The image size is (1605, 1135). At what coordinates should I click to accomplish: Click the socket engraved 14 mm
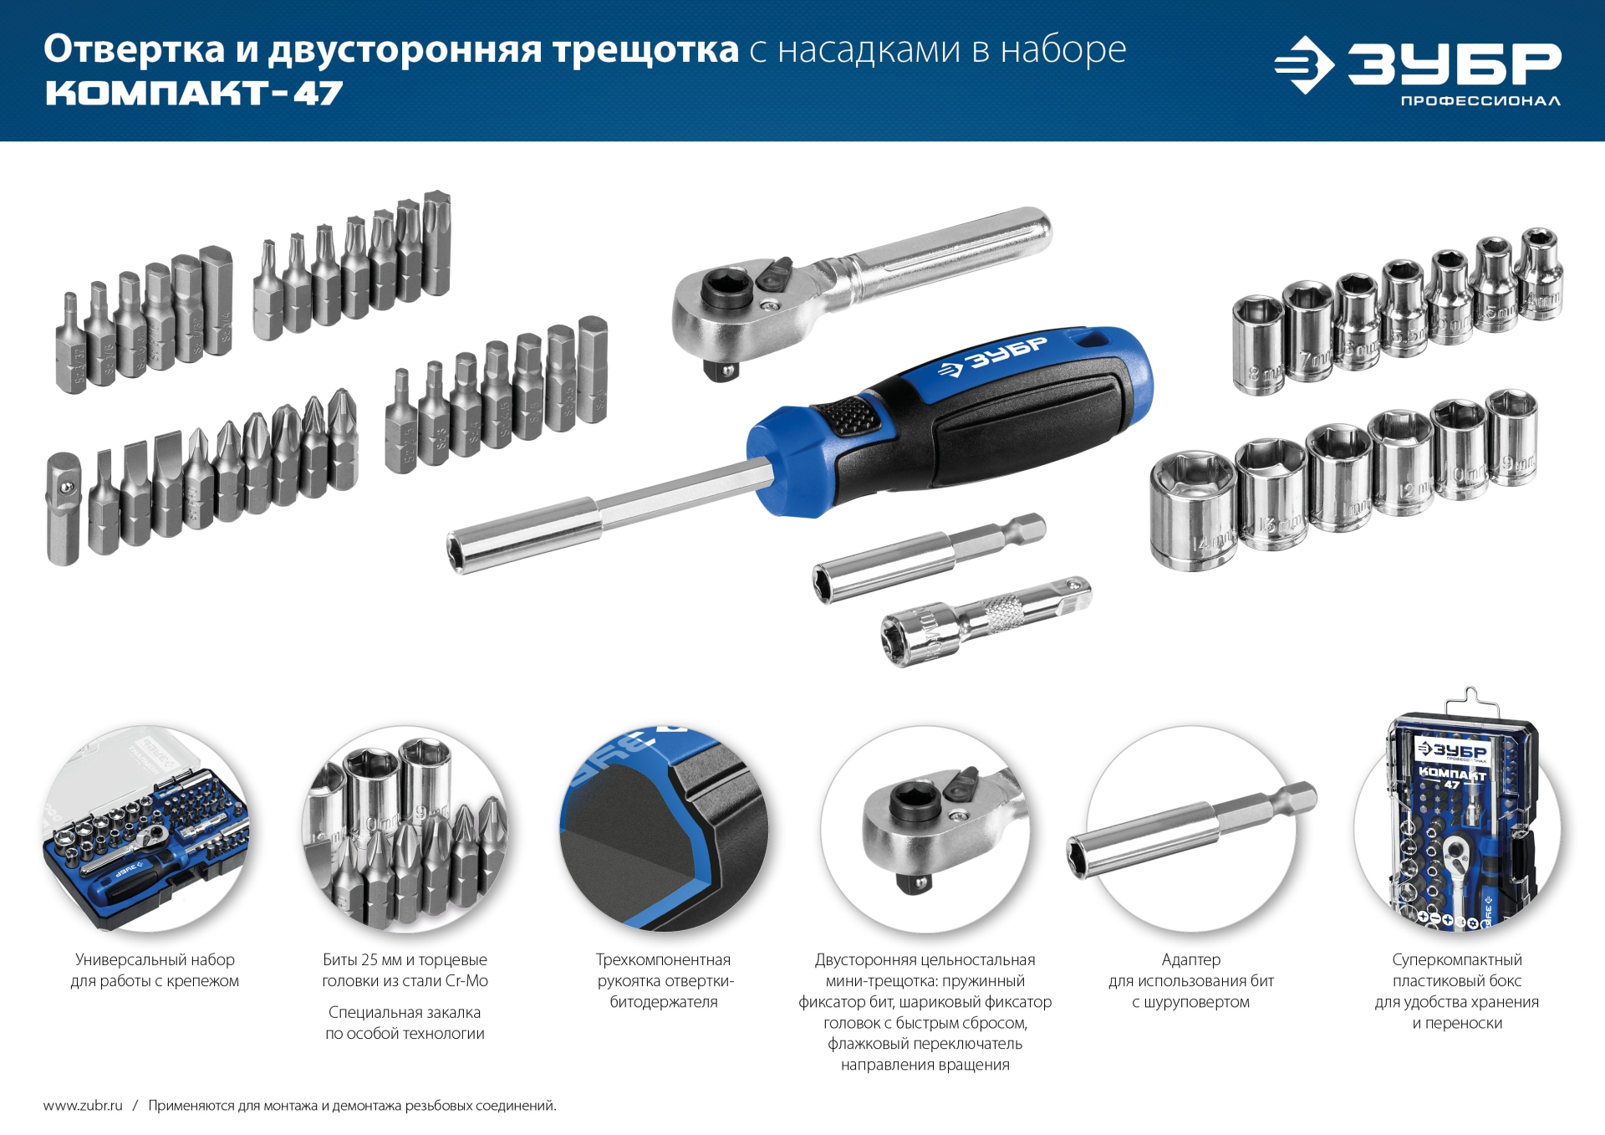coord(1193,514)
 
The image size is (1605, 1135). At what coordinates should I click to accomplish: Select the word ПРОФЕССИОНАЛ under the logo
coord(1480,101)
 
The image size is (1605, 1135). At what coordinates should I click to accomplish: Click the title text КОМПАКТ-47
coord(194,93)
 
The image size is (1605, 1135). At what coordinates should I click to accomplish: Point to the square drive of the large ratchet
coord(720,369)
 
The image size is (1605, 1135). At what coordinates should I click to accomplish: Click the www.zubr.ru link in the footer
coord(83,1106)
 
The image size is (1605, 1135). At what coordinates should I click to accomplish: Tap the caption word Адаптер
coord(1190,959)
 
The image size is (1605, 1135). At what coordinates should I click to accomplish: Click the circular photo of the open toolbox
coord(145,828)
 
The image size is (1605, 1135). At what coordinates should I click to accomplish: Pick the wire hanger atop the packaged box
coord(1470,701)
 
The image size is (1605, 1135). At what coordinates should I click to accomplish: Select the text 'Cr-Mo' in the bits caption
coord(466,981)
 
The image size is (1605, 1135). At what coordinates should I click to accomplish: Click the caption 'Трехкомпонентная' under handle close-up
coord(663,959)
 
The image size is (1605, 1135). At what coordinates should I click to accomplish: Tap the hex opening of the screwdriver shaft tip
coord(458,554)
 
